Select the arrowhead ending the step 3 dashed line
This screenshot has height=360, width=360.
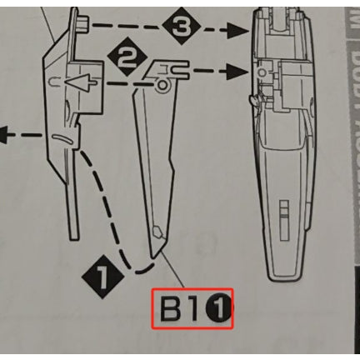pyautogui.click(x=242, y=31)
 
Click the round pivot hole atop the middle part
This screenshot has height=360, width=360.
pyautogui.click(x=160, y=85)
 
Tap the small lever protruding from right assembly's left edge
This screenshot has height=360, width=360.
pyautogui.click(x=252, y=101)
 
